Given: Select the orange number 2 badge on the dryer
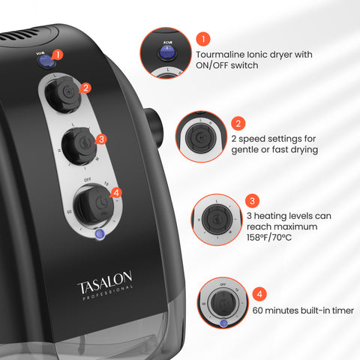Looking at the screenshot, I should (x=86, y=88).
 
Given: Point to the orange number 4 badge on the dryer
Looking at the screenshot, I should (x=115, y=192).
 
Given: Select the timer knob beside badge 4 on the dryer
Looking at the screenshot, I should (x=91, y=203).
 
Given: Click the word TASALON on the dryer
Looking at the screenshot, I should (x=106, y=287).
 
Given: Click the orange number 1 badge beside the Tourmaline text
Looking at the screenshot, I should (x=203, y=39).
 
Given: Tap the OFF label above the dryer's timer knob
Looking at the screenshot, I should (x=88, y=180).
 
